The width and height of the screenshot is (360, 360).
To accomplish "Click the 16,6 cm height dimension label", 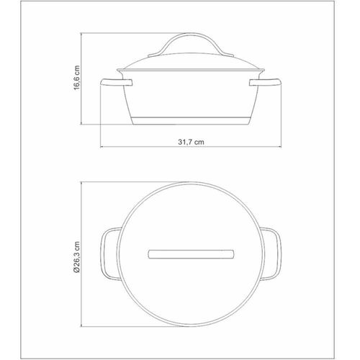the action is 76,78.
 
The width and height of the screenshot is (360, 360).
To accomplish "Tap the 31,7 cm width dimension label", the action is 191,142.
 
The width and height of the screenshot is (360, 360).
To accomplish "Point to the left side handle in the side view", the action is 116,82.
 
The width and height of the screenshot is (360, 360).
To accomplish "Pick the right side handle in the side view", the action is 265,82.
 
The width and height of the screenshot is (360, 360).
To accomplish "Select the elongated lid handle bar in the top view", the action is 191,254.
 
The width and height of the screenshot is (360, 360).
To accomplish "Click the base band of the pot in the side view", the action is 191,121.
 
